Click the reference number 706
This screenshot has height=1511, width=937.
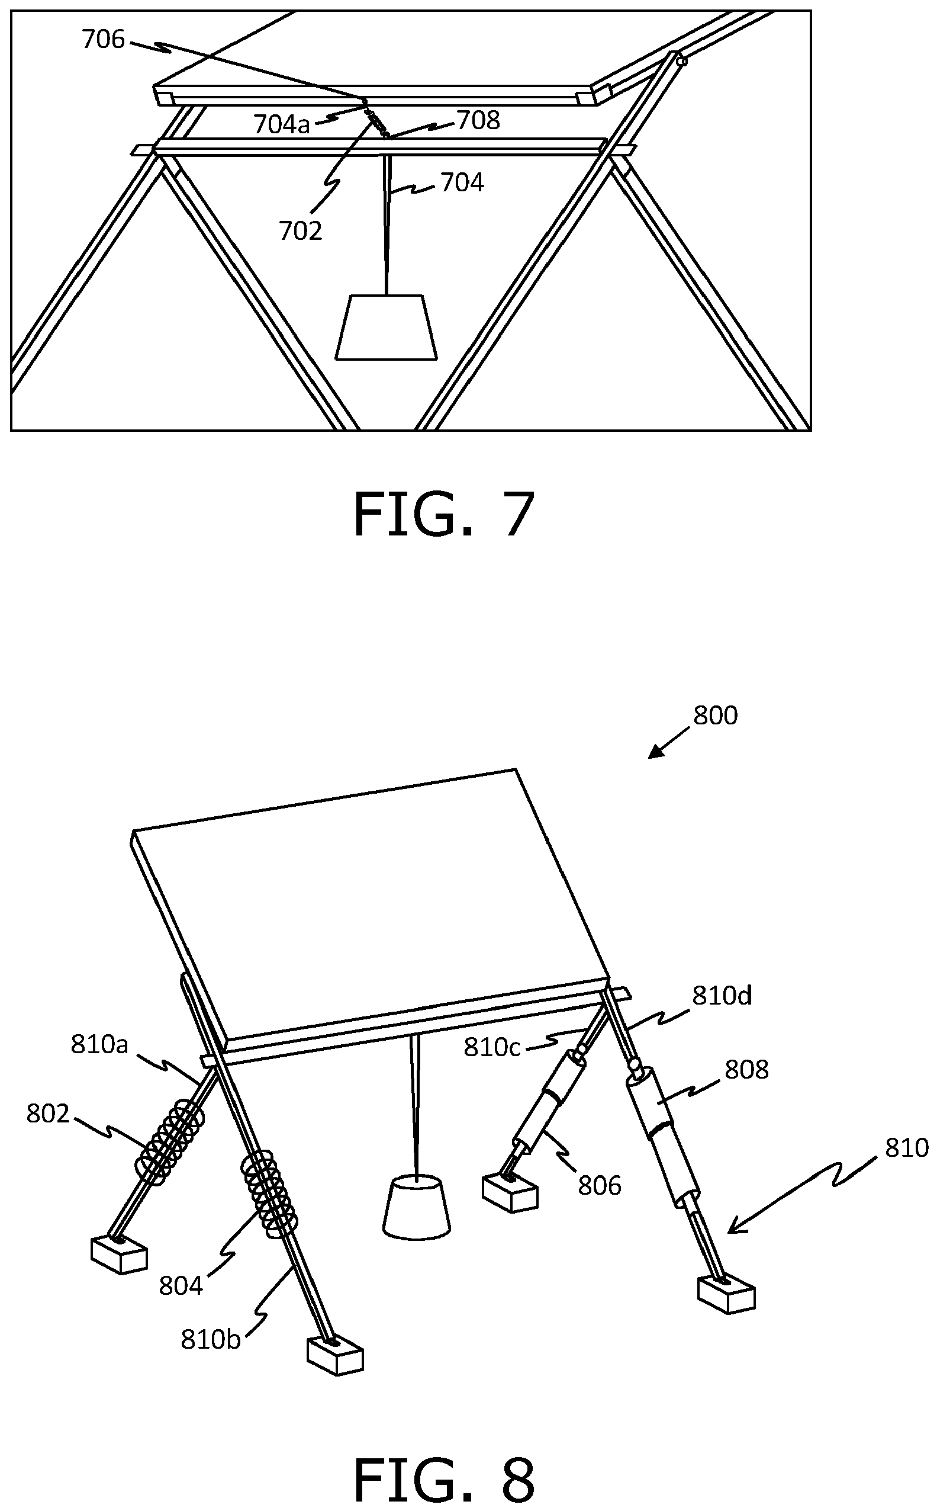point(104,40)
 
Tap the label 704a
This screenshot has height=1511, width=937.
point(281,124)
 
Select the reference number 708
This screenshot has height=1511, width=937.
point(478,120)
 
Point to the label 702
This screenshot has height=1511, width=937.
point(301,230)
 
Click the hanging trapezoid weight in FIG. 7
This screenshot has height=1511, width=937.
point(387,327)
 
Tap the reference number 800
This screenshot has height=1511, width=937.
point(715,716)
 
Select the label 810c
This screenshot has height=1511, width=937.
point(492,1047)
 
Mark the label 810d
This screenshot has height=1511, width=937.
point(722,995)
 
